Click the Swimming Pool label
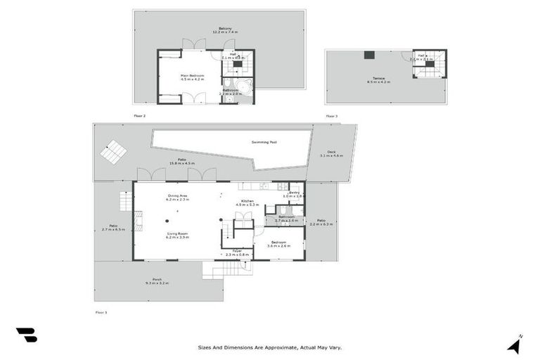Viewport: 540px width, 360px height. pos(264,142)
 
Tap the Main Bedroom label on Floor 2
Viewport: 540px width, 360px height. pos(192,77)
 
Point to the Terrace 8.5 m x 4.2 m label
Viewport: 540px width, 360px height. pos(378,81)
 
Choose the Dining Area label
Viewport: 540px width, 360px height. pos(177,198)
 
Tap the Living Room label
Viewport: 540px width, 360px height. pos(176,236)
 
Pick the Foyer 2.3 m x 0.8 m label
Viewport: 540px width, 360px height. pos(238,252)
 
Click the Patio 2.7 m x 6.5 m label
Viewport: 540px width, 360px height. pos(112,227)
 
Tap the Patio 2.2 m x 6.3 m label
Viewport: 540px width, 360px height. pos(321,223)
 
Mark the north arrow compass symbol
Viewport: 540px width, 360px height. pos(515,345)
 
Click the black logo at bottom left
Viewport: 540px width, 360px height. pos(26,335)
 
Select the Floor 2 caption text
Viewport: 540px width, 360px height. pos(139,115)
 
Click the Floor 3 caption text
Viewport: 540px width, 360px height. pos(331,115)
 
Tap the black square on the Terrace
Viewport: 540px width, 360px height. pos(368,55)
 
